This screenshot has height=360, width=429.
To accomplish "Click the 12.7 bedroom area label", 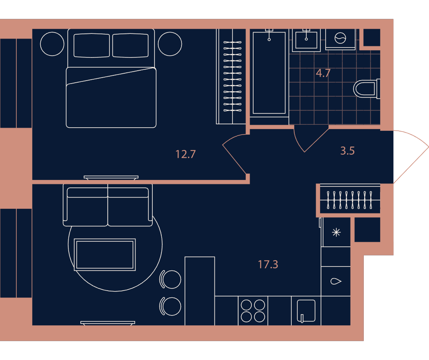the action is click(185, 154).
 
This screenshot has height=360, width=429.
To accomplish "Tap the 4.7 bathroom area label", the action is click(323, 73).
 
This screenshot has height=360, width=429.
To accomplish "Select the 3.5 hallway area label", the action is click(347, 150).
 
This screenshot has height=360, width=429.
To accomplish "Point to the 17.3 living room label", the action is click(268, 264).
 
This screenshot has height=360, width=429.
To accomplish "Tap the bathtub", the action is click(269, 73).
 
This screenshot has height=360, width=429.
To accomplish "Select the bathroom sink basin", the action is click(306, 40).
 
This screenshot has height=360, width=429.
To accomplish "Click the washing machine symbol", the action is click(340, 38).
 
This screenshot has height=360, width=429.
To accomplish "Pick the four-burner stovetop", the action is click(253, 311).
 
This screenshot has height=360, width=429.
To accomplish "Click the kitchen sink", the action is click(306, 311).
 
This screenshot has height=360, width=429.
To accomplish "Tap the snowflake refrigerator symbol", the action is click(336, 232).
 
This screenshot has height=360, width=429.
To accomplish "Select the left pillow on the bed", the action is click(92, 45).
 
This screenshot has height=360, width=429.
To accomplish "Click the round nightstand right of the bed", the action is click(170, 44).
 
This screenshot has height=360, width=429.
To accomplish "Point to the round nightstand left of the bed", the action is click(52, 44).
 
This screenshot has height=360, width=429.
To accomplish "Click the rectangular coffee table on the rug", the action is click(105, 255).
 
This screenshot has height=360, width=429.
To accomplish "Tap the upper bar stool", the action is click(170, 279).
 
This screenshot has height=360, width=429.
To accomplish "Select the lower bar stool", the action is click(170, 306).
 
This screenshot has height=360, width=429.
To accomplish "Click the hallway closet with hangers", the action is click(350, 200).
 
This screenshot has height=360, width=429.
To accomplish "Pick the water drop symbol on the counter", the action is click(336, 281).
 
